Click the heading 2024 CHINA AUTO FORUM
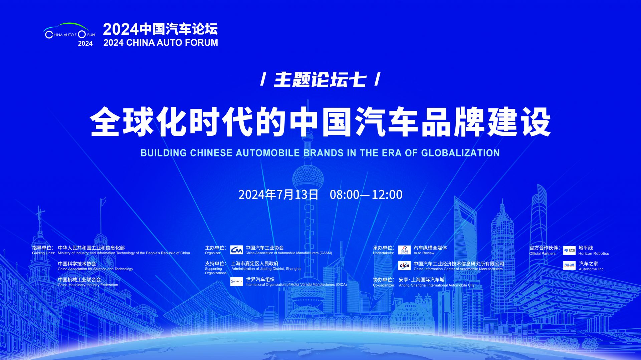tap(161, 43)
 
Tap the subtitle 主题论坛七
tap(320, 80)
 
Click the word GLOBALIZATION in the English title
tap(460, 153)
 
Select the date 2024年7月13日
tap(278, 195)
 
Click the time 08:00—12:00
tap(366, 195)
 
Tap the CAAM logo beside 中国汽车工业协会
tap(236, 250)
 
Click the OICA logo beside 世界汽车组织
tap(236, 282)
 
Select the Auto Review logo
tap(404, 250)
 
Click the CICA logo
tap(404, 266)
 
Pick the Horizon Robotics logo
tap(570, 250)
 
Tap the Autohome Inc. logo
tap(570, 266)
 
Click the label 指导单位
tap(42, 248)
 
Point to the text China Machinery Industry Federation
tap(88, 285)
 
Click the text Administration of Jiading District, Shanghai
tap(266, 269)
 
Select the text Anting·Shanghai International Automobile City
tap(437, 285)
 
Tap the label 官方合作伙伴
tap(545, 248)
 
